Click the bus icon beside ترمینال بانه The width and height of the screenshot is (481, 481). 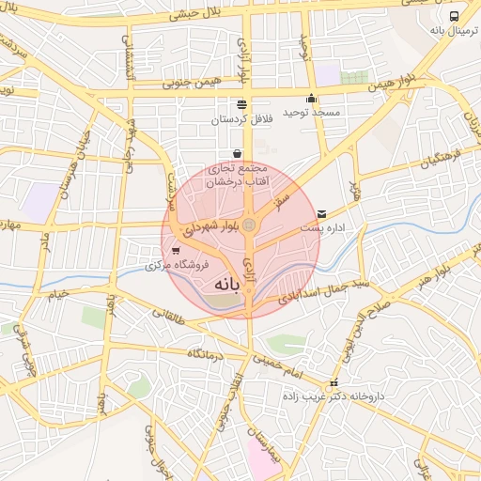(455, 16)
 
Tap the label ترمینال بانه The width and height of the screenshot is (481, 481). (448, 31)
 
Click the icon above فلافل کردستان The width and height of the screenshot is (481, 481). (242, 104)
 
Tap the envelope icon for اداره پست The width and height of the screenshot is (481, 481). (323, 214)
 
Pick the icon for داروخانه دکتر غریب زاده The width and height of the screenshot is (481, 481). (333, 384)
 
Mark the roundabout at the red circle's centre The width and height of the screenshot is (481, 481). (249, 225)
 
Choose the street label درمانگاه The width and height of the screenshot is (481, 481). (202, 353)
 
